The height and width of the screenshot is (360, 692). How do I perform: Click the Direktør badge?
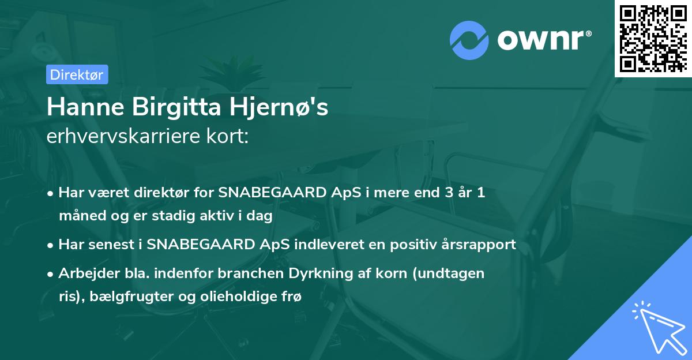(x=77, y=74)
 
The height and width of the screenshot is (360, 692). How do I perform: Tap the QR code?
(x=652, y=38)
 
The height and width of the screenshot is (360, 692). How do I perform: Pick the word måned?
(x=78, y=216)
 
